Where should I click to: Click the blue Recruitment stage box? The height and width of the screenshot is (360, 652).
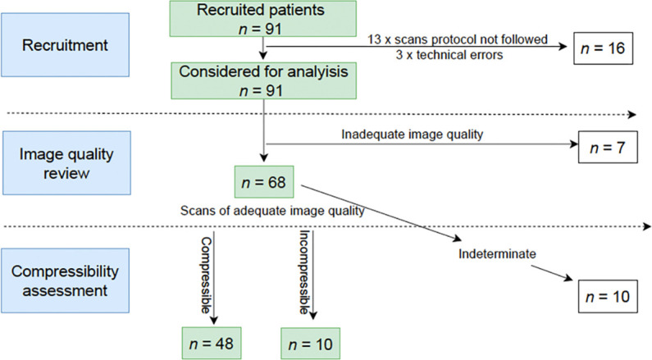click(66, 45)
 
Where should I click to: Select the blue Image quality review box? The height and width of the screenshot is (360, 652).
click(66, 163)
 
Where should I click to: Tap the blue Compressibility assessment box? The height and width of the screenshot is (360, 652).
click(66, 280)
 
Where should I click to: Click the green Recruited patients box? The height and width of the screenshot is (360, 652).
click(262, 19)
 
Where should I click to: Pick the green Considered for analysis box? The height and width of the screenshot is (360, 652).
click(263, 80)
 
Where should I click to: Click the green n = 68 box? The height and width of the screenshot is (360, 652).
click(264, 182)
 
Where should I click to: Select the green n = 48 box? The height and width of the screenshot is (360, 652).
click(212, 344)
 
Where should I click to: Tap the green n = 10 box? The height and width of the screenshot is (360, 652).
click(310, 344)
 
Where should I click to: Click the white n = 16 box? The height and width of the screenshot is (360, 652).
click(604, 48)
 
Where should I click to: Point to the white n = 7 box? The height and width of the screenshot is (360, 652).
click(608, 147)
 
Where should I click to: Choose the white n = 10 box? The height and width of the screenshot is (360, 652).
click(608, 296)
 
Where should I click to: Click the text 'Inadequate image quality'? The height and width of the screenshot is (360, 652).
click(412, 134)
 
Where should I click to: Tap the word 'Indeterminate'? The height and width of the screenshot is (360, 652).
click(497, 253)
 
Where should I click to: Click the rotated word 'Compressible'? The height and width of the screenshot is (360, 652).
click(206, 276)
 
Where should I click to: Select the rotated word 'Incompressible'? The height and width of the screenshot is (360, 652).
click(305, 272)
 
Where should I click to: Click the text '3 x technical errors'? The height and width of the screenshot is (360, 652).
click(449, 55)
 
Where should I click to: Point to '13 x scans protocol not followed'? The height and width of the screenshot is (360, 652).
click(458, 39)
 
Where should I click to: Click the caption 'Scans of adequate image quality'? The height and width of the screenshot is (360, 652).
click(272, 212)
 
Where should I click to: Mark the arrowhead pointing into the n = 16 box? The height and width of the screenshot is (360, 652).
click(563, 47)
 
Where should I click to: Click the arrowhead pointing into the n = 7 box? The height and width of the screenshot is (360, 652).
click(574, 144)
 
